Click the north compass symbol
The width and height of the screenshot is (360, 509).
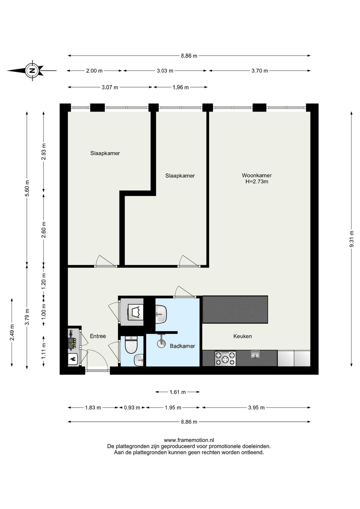32,70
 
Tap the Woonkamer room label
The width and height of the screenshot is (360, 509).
257,175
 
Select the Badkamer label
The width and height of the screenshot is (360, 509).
182,346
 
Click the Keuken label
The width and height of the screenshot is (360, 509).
242,336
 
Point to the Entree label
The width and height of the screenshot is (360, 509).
98,336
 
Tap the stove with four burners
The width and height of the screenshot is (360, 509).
225,359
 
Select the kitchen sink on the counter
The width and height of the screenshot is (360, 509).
255,354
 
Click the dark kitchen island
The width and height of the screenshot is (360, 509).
235,309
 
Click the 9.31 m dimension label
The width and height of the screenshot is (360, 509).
351,238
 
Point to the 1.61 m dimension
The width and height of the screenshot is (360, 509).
178,392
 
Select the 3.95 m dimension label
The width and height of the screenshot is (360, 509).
256,407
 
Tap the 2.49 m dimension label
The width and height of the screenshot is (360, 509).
12,332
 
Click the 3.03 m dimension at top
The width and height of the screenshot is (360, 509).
165,71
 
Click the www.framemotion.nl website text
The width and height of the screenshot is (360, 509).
189,440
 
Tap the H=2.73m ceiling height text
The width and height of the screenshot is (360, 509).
257,182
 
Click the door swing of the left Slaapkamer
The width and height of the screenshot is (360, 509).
101,261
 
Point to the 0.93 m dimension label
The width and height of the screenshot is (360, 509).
132,407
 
